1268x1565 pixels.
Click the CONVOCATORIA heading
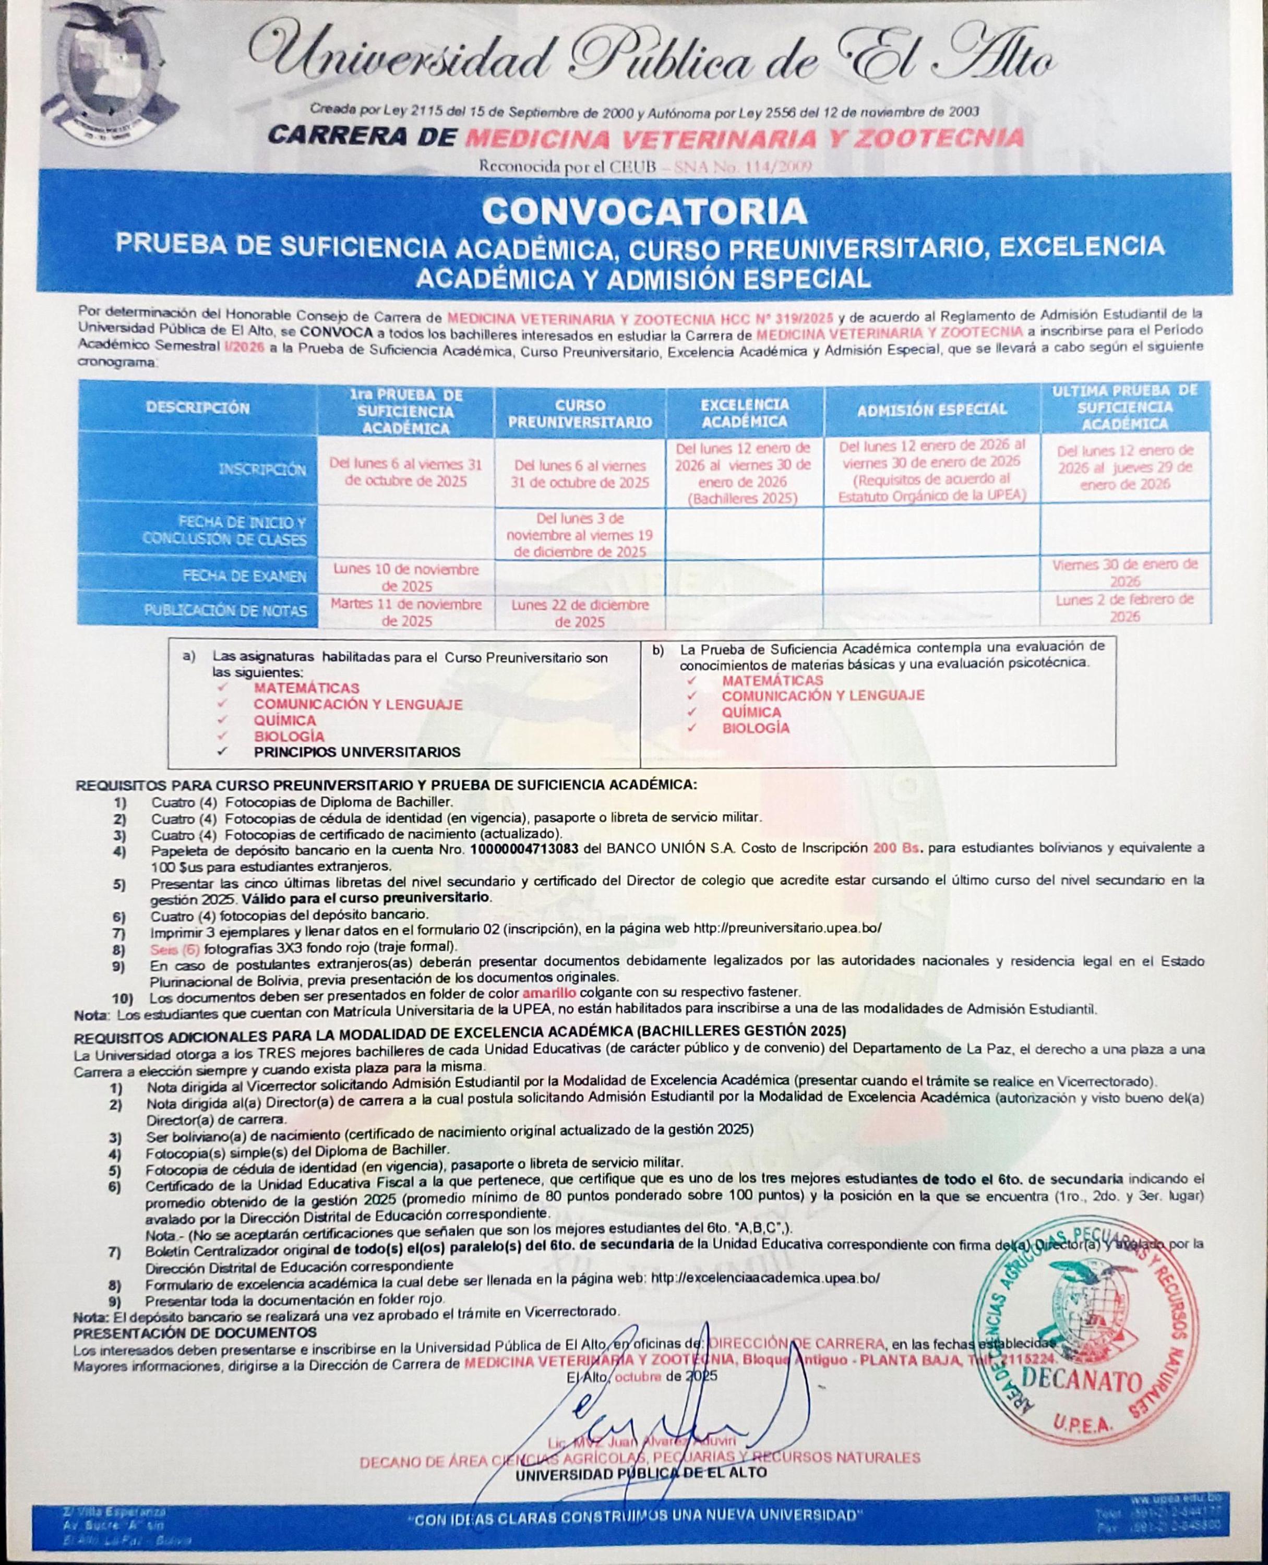point(644,212)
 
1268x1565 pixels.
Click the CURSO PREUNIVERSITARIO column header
point(580,413)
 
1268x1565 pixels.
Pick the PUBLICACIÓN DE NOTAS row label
point(225,610)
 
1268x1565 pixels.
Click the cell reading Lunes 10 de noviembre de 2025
point(406,577)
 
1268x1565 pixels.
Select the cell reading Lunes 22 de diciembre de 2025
point(580,613)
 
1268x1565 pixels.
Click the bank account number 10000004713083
point(524,849)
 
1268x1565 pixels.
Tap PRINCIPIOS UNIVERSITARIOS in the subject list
point(357,752)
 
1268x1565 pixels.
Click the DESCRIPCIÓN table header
point(197,407)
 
